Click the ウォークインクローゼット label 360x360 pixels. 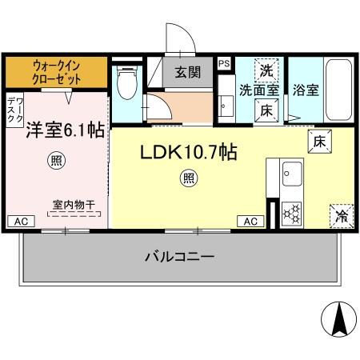(x=57, y=72)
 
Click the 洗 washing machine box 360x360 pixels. (x=267, y=70)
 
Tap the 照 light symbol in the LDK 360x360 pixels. (x=188, y=177)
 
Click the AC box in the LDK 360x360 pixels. (x=250, y=221)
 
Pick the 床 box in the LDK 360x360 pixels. (x=317, y=142)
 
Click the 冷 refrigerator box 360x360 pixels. (x=341, y=214)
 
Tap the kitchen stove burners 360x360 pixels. (x=292, y=213)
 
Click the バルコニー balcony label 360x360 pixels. (x=178, y=257)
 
